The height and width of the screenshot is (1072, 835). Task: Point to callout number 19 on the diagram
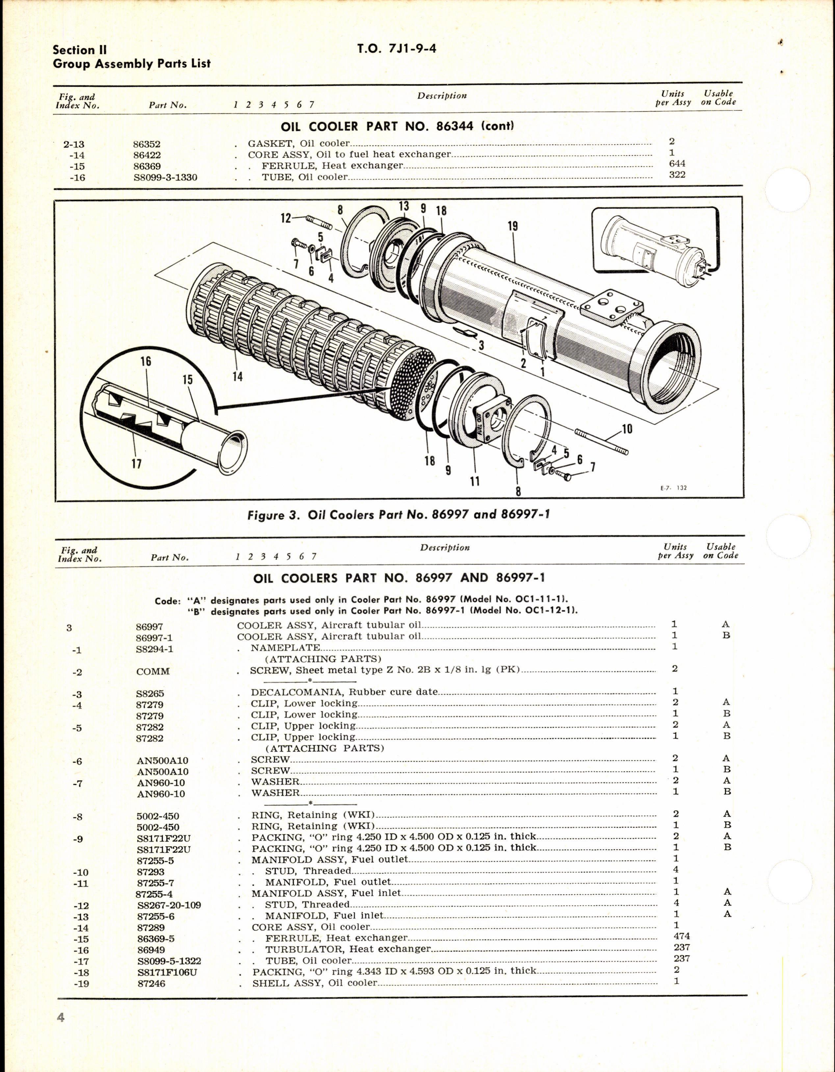pyautogui.click(x=513, y=226)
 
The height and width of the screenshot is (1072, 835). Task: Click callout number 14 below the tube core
pyautogui.click(x=237, y=377)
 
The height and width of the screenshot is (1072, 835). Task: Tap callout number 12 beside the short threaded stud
pyautogui.click(x=286, y=218)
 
